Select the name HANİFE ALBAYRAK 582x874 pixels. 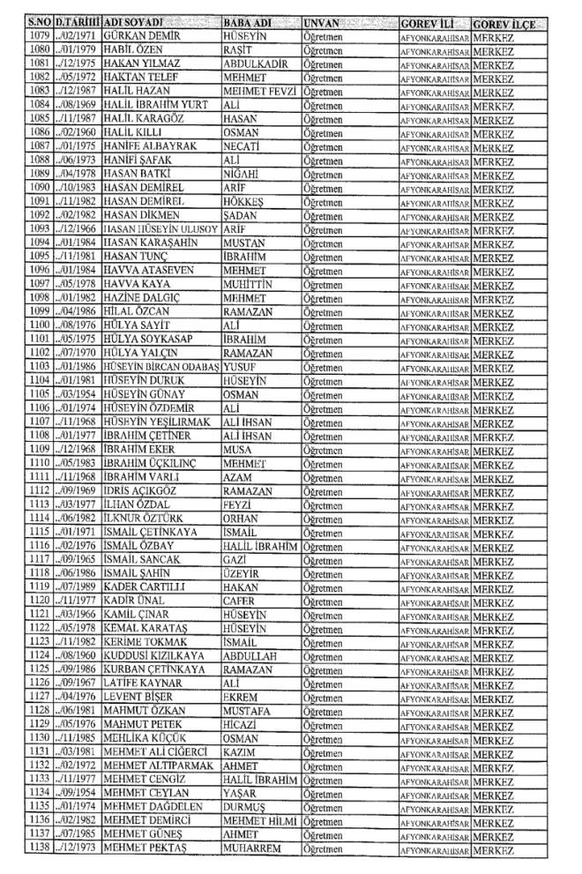pos(148,160)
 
